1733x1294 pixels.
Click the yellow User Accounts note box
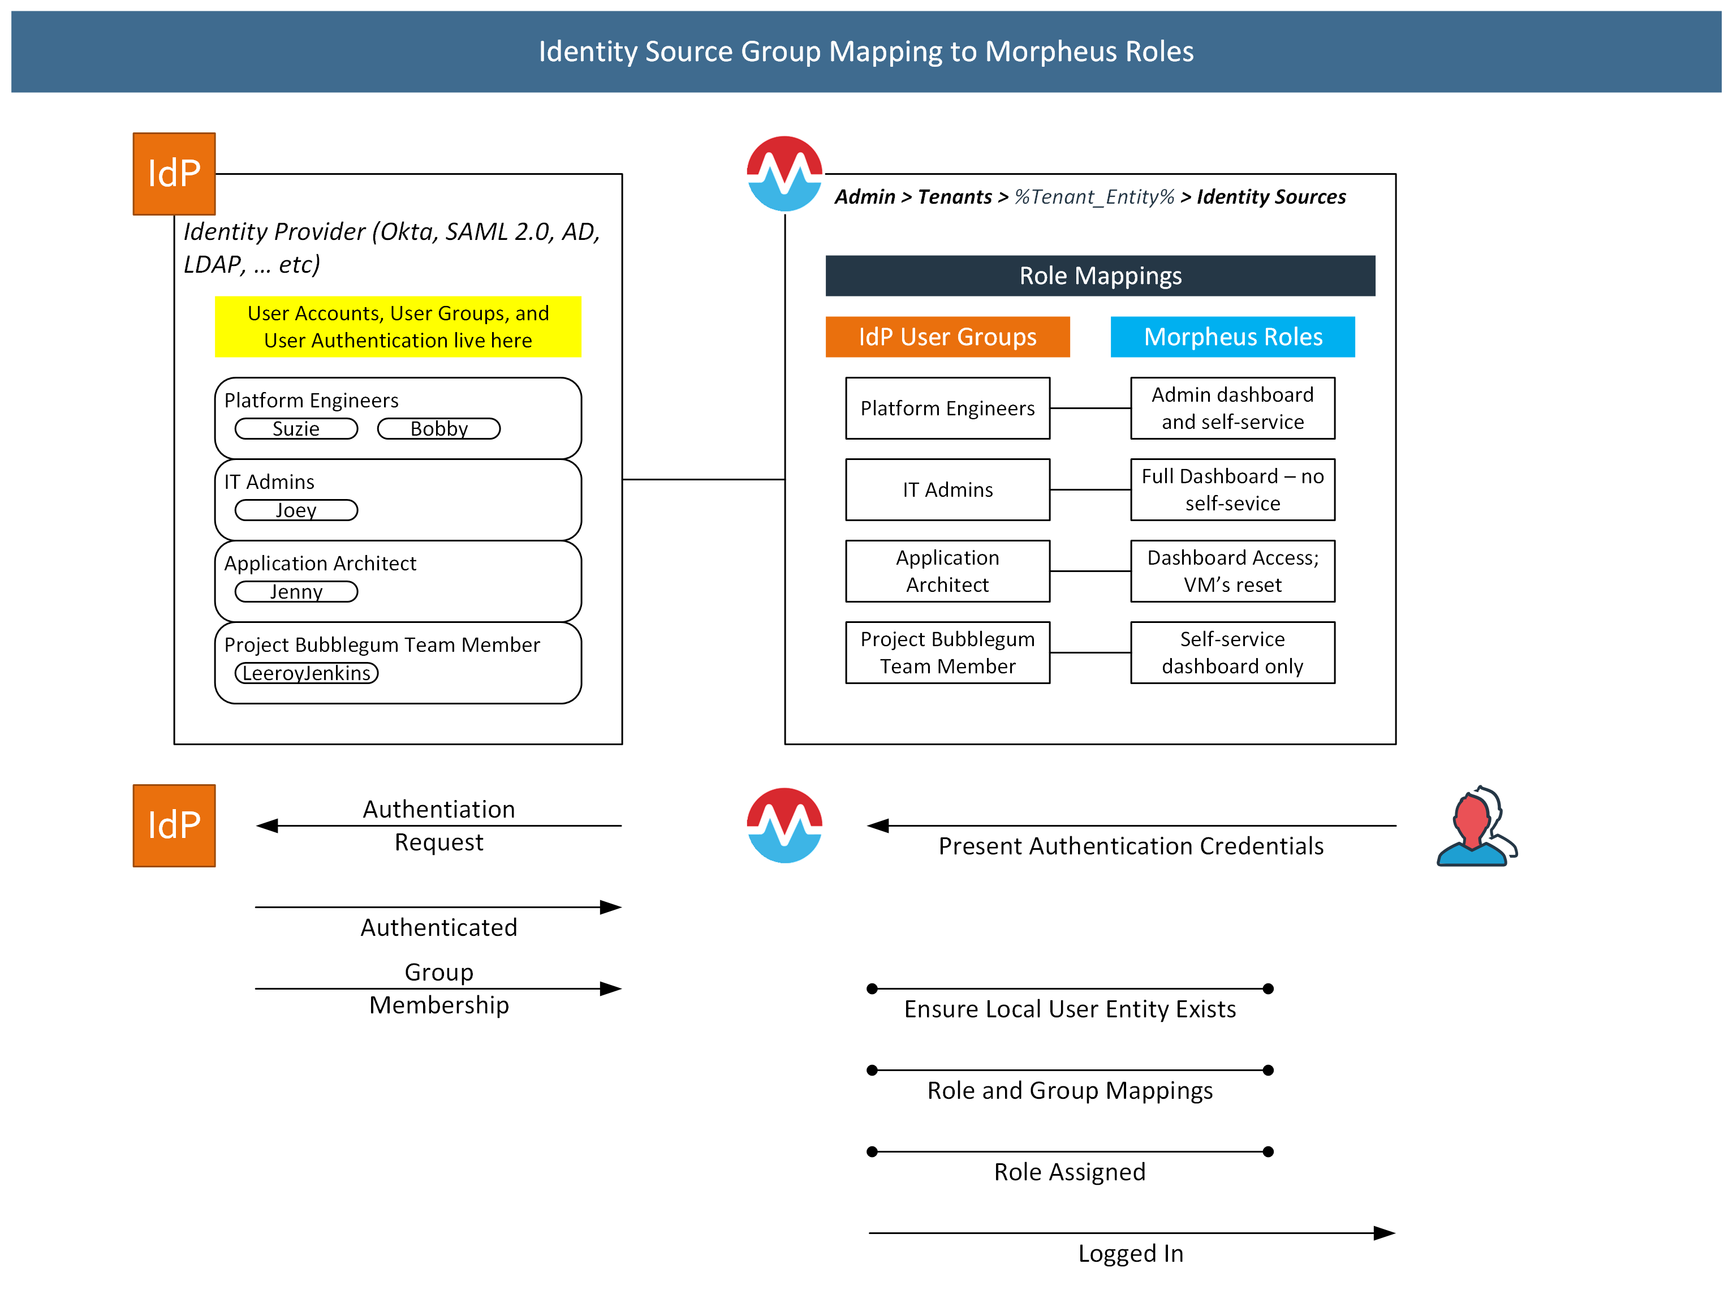coord(398,326)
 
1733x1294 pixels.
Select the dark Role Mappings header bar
coord(1100,276)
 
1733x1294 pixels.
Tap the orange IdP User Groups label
coord(947,337)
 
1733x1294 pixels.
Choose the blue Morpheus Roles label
coord(1232,337)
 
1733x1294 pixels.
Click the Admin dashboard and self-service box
coord(1232,408)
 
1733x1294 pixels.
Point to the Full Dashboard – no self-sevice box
coord(1232,489)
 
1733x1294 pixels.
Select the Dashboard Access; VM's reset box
coord(1232,571)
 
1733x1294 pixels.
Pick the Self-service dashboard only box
coord(1232,652)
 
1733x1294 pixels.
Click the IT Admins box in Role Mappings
coord(947,489)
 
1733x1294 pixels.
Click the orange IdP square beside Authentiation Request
coord(174,826)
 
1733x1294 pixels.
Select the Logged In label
coord(1130,1253)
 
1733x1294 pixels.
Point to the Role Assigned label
coord(1069,1172)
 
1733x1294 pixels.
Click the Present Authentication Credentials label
coord(1130,846)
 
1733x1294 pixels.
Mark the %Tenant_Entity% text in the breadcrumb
coord(1093,196)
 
